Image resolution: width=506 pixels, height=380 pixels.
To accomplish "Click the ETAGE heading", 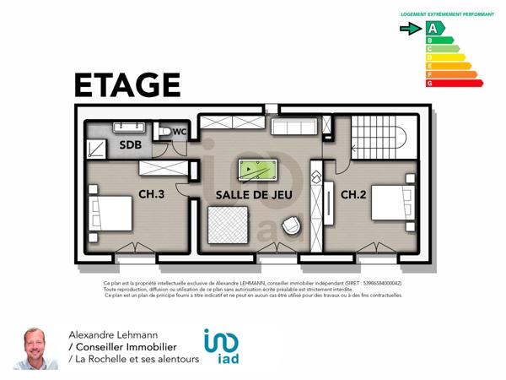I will tap(127, 85).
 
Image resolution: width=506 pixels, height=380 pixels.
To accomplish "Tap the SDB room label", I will tap(130, 144).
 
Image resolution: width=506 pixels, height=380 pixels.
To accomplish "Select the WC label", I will tap(179, 132).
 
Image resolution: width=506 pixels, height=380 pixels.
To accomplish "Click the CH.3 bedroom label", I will tap(151, 195).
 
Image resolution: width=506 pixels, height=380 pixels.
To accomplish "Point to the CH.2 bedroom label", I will tap(353, 195).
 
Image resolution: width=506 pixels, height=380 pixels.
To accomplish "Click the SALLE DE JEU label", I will tap(241, 195).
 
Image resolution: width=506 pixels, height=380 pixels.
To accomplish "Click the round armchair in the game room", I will tap(293, 226).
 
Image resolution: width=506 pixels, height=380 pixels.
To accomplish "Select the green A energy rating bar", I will tap(435, 28).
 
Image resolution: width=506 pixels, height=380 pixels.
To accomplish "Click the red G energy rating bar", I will tap(454, 83).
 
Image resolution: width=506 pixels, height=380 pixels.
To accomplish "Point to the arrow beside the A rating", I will tap(411, 28).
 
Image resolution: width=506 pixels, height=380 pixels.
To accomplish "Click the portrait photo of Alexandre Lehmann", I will tap(35, 347).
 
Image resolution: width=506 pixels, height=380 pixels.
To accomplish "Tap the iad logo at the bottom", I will tap(221, 347).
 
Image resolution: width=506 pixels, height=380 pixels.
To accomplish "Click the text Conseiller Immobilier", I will tap(126, 347).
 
